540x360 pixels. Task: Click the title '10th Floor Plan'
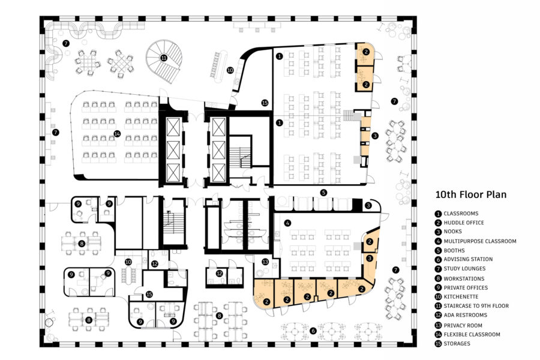click(x=471, y=194)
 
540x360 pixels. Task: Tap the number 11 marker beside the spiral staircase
click(x=163, y=58)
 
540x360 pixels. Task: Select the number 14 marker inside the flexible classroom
click(x=118, y=134)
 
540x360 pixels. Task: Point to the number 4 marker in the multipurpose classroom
click(x=288, y=223)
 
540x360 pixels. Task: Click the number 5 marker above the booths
click(x=323, y=193)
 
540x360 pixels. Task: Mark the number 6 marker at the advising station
click(x=312, y=330)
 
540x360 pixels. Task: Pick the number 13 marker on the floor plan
click(x=265, y=262)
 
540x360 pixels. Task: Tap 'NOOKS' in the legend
click(x=453, y=232)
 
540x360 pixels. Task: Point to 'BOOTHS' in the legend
click(x=455, y=250)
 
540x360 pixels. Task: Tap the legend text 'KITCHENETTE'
click(x=460, y=296)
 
